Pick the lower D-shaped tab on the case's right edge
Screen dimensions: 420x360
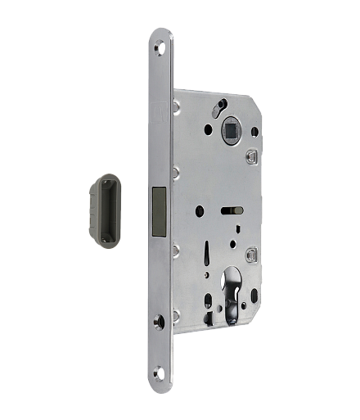click(x=252, y=255)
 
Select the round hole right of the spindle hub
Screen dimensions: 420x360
click(x=254, y=131)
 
